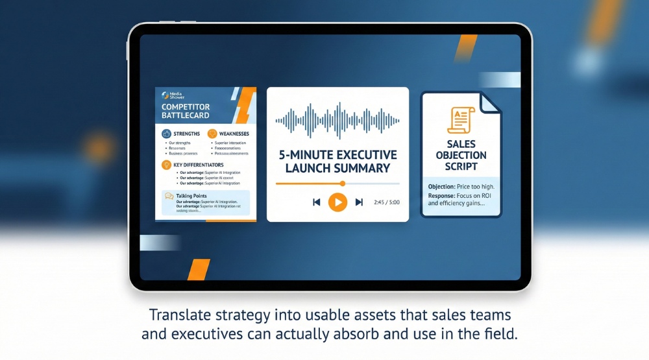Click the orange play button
click(x=337, y=202)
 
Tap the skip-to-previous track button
click(x=317, y=202)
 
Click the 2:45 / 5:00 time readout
click(x=387, y=202)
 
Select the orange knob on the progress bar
click(x=343, y=184)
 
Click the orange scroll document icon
click(x=461, y=121)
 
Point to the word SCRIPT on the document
click(x=461, y=166)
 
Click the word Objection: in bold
click(x=442, y=187)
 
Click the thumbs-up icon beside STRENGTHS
click(x=165, y=134)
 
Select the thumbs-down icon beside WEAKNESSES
click(x=212, y=134)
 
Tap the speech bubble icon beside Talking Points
click(x=169, y=196)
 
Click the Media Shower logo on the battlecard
click(x=167, y=95)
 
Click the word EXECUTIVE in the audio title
click(x=365, y=155)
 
